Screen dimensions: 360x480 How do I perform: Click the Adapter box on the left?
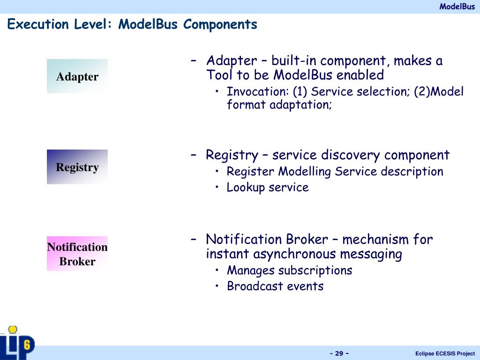(x=77, y=76)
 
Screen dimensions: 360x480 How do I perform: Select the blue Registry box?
(x=77, y=167)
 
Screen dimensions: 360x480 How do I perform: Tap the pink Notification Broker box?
(x=77, y=254)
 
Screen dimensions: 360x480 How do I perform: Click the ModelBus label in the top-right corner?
(x=457, y=7)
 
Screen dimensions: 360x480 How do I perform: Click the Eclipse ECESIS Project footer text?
(x=445, y=353)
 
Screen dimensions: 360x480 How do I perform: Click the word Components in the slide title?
(x=220, y=24)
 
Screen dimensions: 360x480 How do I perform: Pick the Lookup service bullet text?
(x=268, y=187)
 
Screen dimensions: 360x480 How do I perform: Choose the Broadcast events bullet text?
(x=275, y=286)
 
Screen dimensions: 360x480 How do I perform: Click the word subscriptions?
(x=315, y=270)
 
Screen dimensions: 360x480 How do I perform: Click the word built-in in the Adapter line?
(x=294, y=61)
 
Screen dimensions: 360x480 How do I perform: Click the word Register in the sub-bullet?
(x=250, y=172)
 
